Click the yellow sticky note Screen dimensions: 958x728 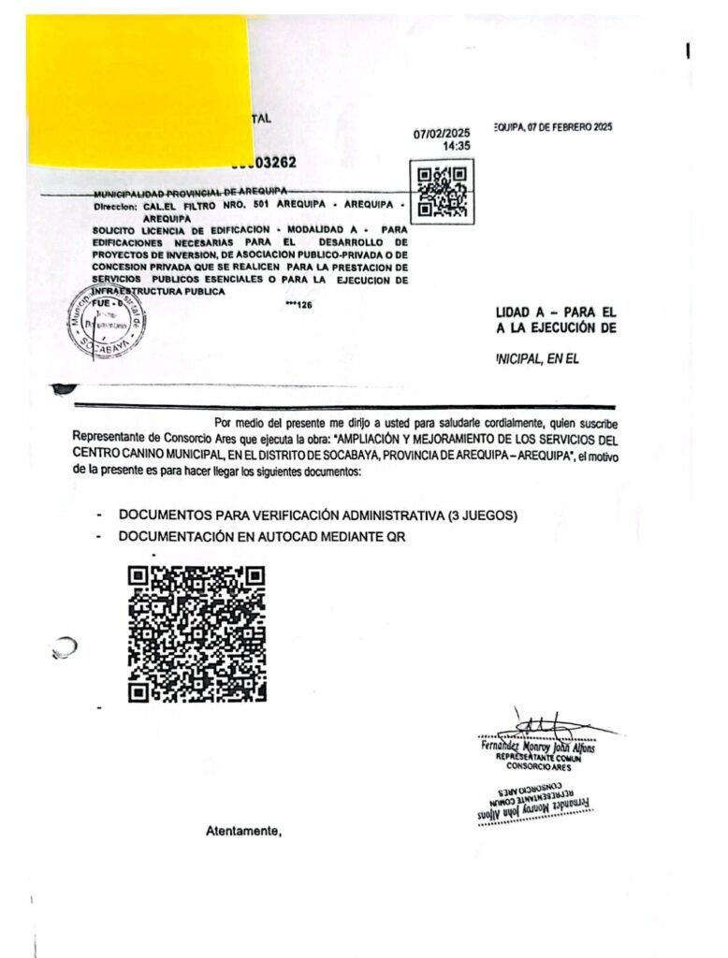click(x=138, y=89)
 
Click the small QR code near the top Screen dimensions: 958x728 click(x=442, y=191)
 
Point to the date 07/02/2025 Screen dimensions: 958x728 click(x=442, y=134)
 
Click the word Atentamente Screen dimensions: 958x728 click(x=243, y=831)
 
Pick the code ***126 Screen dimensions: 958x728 click(x=299, y=304)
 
